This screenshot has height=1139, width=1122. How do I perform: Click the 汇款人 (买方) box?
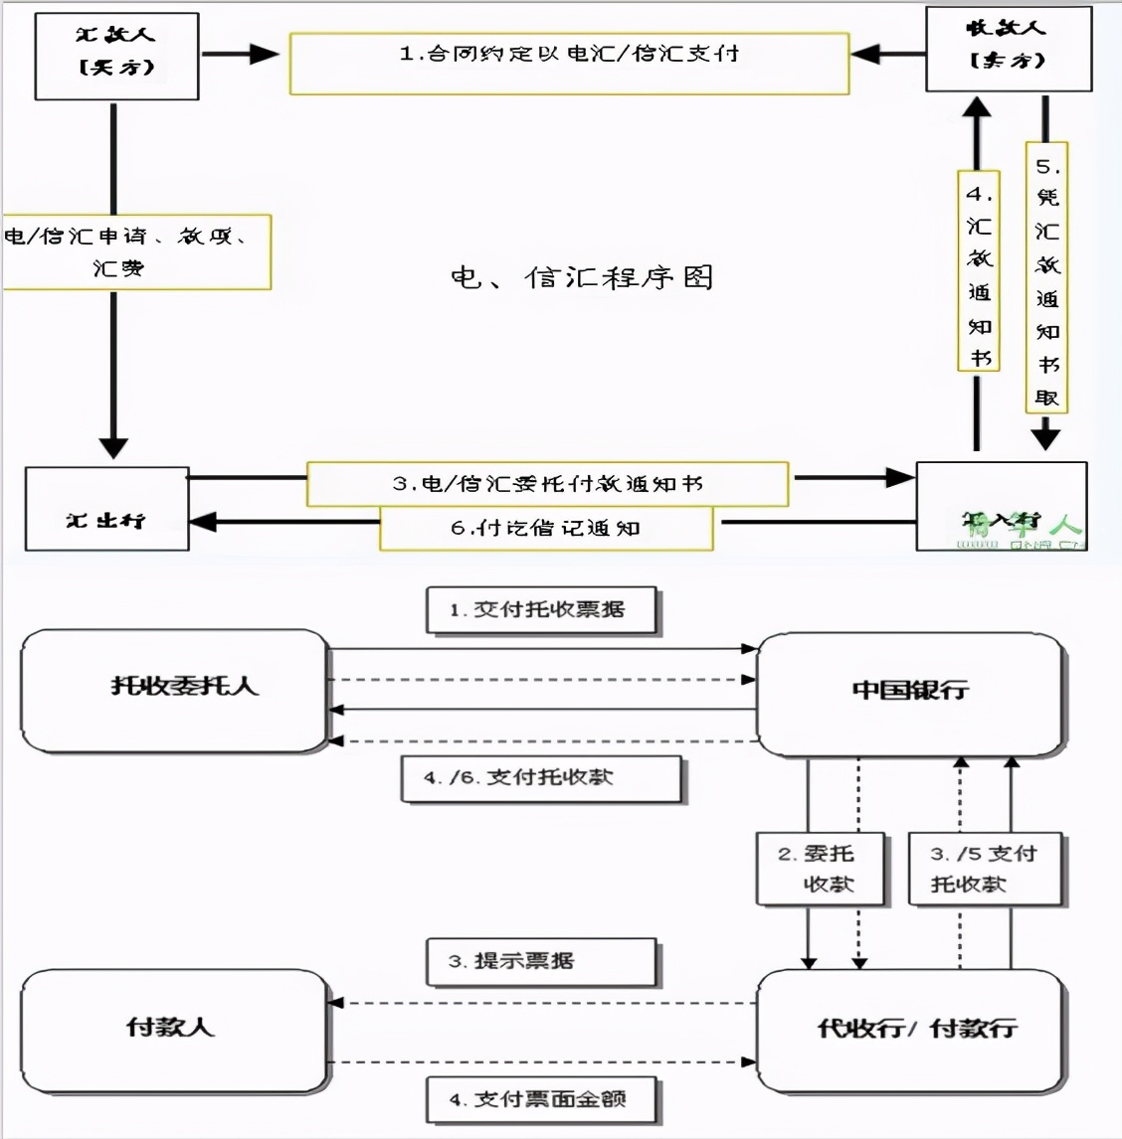[116, 56]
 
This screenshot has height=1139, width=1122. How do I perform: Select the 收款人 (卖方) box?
[1008, 49]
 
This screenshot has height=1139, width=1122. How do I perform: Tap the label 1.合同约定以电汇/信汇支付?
[569, 63]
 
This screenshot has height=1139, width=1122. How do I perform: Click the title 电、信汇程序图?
[582, 277]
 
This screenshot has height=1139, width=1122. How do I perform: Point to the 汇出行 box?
[106, 509]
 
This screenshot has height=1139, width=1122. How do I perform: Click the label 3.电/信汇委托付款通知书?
[547, 484]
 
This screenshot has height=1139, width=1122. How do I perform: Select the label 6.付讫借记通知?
[546, 528]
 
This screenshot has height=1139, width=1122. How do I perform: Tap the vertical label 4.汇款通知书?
[979, 271]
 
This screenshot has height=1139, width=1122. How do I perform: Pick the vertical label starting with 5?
[1046, 278]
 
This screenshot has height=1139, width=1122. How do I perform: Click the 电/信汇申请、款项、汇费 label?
[136, 251]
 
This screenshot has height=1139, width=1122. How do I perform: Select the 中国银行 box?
[910, 693]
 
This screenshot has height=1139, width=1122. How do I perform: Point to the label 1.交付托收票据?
[542, 610]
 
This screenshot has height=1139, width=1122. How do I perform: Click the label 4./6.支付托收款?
[542, 778]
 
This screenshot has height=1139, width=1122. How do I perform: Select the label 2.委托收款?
[820, 869]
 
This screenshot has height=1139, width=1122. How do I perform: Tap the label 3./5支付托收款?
[987, 869]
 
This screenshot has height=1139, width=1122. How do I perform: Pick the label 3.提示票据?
[542, 961]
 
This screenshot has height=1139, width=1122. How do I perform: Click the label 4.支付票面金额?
[542, 1100]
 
